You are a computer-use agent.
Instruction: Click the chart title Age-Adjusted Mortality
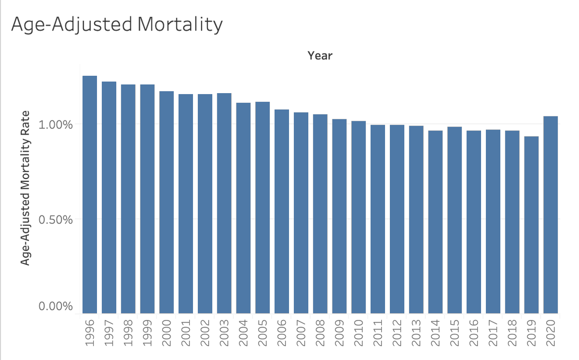click(117, 25)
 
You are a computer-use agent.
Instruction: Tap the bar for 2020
click(551, 215)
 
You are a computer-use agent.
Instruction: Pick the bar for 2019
click(531, 225)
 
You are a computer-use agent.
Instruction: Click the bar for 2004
click(243, 208)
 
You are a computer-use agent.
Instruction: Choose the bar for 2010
click(358, 217)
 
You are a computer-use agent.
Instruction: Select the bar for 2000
click(166, 202)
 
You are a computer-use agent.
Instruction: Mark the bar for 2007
click(301, 213)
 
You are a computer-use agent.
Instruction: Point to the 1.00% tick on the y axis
click(55, 124)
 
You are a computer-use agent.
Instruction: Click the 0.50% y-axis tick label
click(55, 219)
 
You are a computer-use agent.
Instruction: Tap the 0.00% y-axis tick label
click(55, 306)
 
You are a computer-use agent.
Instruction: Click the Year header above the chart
click(320, 55)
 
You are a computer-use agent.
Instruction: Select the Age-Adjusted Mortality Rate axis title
click(26, 188)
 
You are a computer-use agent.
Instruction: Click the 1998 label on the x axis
click(128, 332)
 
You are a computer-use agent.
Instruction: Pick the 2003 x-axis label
click(224, 332)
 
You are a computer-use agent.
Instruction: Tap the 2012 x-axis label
click(397, 332)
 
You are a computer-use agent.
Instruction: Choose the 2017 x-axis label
click(493, 332)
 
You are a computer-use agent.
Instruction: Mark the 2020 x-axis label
click(551, 332)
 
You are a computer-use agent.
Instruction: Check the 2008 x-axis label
click(320, 332)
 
